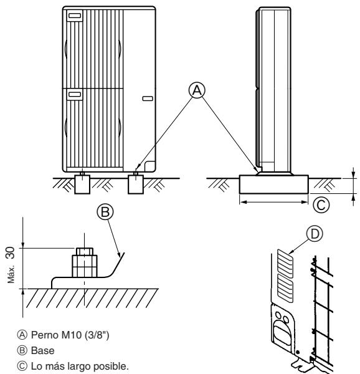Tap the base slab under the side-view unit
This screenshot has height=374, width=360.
[273, 185]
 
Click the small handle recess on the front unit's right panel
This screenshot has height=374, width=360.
[146, 98]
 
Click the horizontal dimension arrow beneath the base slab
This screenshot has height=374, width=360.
[273, 202]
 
